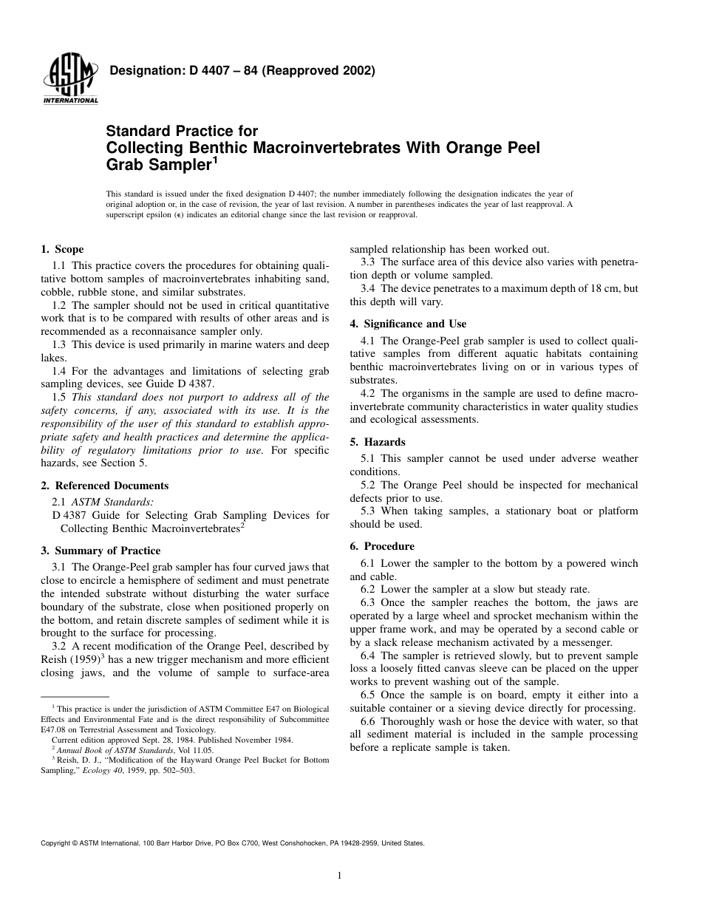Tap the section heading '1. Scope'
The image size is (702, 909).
click(x=62, y=249)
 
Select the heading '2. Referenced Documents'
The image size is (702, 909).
click(x=104, y=486)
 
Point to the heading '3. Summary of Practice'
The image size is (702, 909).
click(x=100, y=551)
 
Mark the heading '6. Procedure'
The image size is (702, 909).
click(x=382, y=546)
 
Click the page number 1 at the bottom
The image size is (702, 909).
click(x=339, y=876)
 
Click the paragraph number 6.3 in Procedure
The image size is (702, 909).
click(x=369, y=603)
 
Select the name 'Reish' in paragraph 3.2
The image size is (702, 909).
click(x=56, y=659)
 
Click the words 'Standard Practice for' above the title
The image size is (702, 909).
click(x=168, y=132)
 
